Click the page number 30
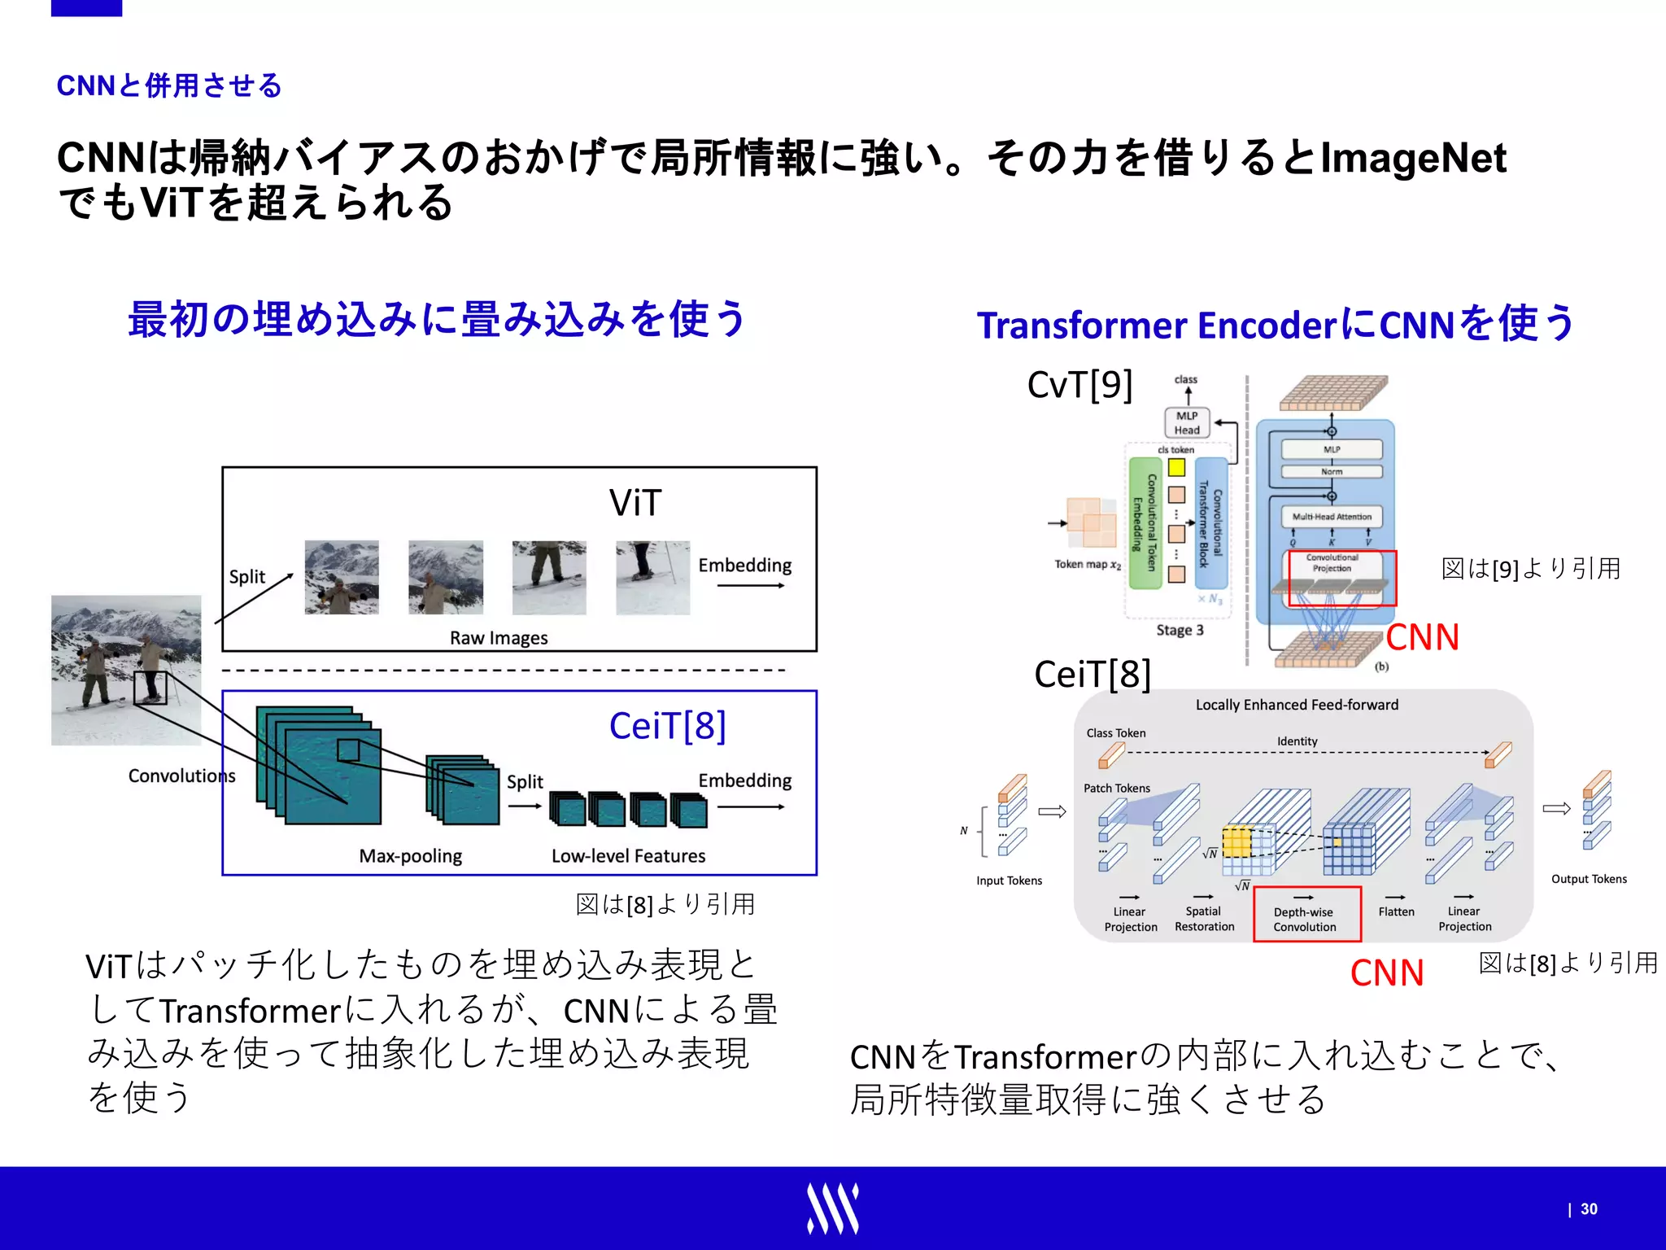pos(1589,1209)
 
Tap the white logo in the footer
pos(832,1208)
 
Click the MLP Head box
pos(1187,423)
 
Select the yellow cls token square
pos(1176,468)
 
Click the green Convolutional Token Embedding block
pos(1145,522)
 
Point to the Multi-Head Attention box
pos(1332,517)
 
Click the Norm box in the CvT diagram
pos(1332,472)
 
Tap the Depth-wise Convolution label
pos(1305,920)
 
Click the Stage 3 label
pos(1180,630)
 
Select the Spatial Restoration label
pos(1204,919)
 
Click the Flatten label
pos(1396,911)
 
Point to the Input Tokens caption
pos(1009,881)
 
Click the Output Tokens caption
pos(1588,879)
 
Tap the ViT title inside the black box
pos(635,503)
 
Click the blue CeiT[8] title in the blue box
pos(667,726)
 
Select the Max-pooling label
pos(410,856)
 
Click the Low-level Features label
pos(628,856)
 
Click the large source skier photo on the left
pos(126,670)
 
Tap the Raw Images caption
pos(499,638)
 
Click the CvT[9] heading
pos(1079,385)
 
